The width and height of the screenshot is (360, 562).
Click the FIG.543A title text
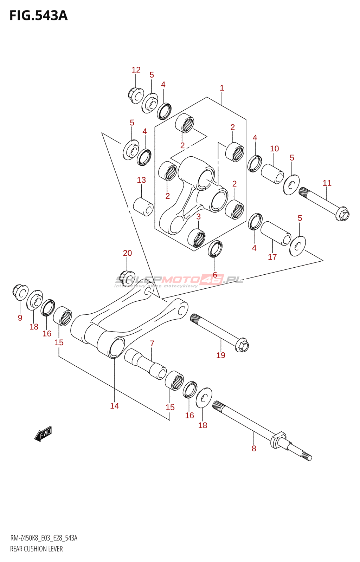click(38, 16)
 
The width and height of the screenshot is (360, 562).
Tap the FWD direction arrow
click(43, 434)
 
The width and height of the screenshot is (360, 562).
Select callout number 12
click(136, 70)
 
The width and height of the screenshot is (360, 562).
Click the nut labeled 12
click(135, 95)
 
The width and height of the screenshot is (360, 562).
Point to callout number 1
click(222, 88)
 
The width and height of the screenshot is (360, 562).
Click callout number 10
click(274, 149)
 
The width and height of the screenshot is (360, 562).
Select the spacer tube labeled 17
click(276, 233)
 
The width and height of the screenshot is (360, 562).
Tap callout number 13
click(141, 180)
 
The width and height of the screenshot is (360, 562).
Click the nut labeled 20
click(127, 277)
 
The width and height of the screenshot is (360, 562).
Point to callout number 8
click(254, 448)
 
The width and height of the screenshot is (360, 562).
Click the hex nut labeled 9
click(20, 292)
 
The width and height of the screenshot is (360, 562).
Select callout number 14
click(115, 406)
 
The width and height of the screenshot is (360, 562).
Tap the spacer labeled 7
click(145, 363)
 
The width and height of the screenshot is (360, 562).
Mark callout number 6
click(215, 275)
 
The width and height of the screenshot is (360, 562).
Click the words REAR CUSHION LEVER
click(37, 549)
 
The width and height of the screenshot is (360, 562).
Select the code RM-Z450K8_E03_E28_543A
click(44, 538)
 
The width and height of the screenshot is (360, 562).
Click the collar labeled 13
click(143, 207)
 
